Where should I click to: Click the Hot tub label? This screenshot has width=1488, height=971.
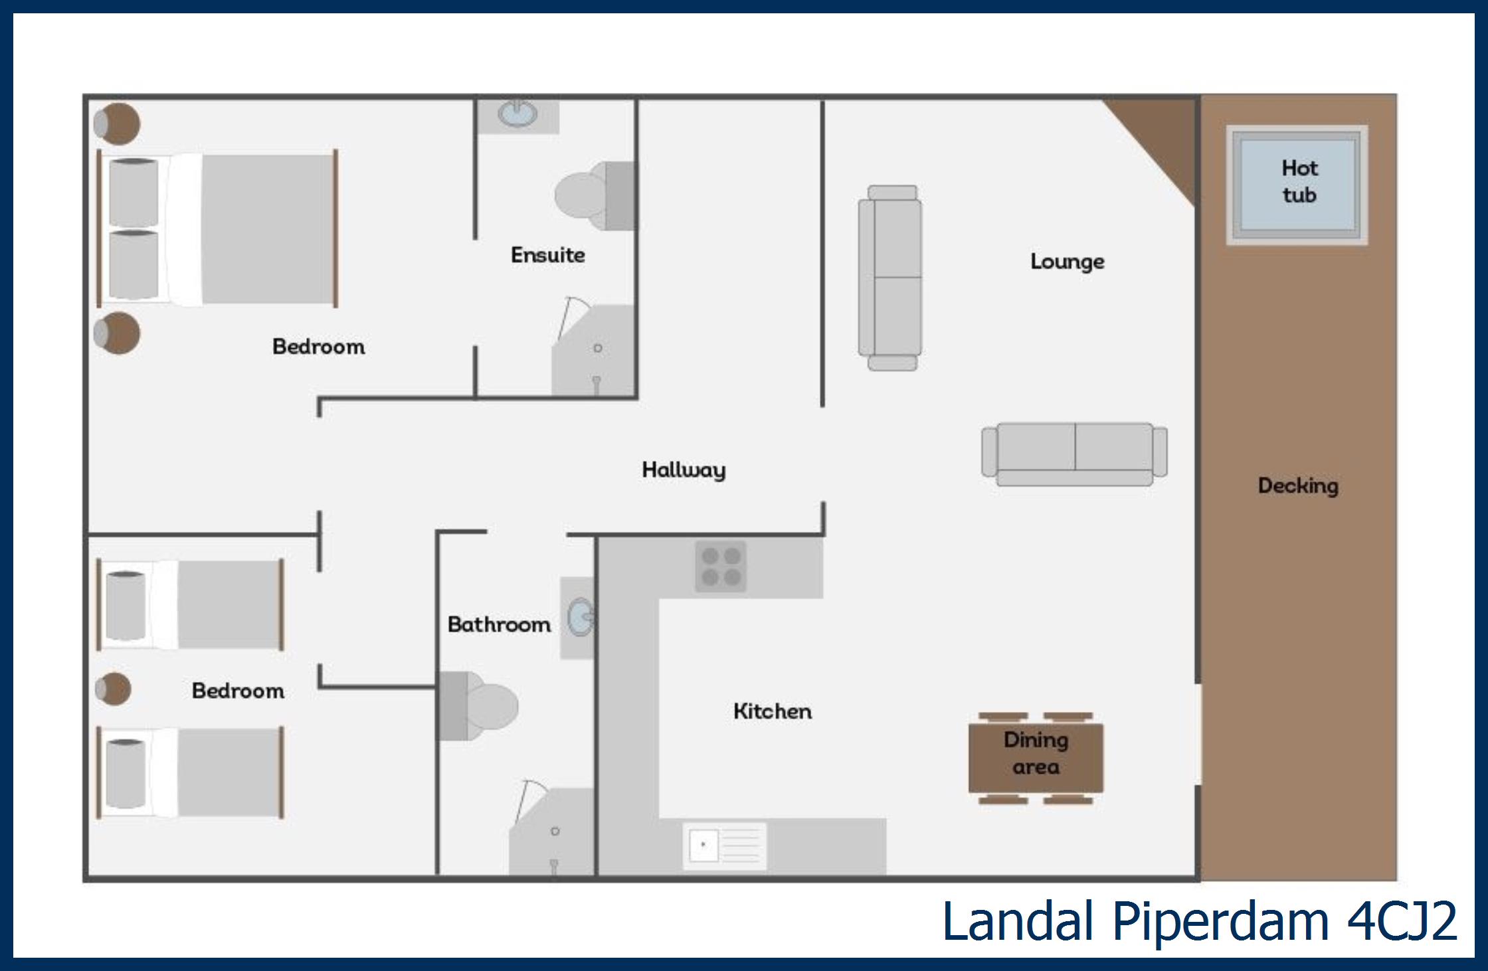[x=1299, y=181]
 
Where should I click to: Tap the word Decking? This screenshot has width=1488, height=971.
[x=1298, y=486]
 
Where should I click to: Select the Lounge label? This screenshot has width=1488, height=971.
[x=1068, y=262]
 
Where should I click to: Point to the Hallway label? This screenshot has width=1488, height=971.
[x=684, y=470]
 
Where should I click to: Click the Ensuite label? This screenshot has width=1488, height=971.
[x=548, y=255]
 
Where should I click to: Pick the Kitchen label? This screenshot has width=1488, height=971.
[x=773, y=711]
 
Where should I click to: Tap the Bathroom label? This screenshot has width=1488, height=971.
[x=499, y=624]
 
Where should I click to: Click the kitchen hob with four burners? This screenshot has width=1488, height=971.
[x=721, y=567]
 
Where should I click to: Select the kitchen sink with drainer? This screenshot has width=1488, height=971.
[x=725, y=845]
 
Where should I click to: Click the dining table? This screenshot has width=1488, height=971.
[x=1036, y=758]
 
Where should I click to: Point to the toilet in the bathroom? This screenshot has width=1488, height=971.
[x=477, y=706]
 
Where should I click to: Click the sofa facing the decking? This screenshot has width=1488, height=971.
[x=1074, y=454]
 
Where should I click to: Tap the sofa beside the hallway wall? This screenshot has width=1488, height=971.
[x=891, y=278]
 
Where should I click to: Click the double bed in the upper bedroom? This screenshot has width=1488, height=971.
[x=218, y=228]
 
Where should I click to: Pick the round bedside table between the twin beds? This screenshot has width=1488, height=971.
[x=113, y=689]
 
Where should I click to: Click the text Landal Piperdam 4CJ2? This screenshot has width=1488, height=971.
[x=1200, y=921]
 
